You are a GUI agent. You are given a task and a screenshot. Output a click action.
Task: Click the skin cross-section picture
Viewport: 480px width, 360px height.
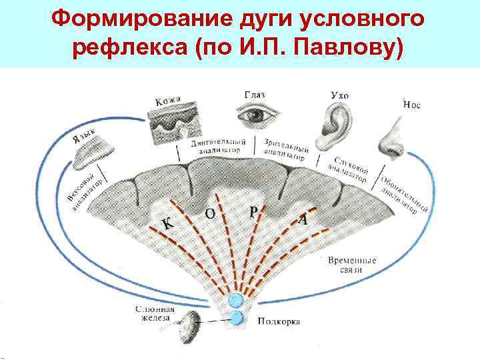[171, 123]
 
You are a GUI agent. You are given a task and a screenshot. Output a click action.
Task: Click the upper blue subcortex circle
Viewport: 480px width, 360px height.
[236, 300]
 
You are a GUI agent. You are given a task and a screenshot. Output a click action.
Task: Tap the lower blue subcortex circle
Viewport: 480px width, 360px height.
[237, 318]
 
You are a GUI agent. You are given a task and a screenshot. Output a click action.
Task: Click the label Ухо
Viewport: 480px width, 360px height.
[339, 95]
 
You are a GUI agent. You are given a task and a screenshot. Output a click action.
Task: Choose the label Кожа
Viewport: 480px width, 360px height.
[167, 101]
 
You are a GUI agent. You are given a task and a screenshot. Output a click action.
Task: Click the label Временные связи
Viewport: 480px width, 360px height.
[351, 265]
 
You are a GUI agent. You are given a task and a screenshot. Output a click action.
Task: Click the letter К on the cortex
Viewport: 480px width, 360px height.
[170, 224]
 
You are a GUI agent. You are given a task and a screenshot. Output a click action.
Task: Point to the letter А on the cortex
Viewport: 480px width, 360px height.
[303, 218]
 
